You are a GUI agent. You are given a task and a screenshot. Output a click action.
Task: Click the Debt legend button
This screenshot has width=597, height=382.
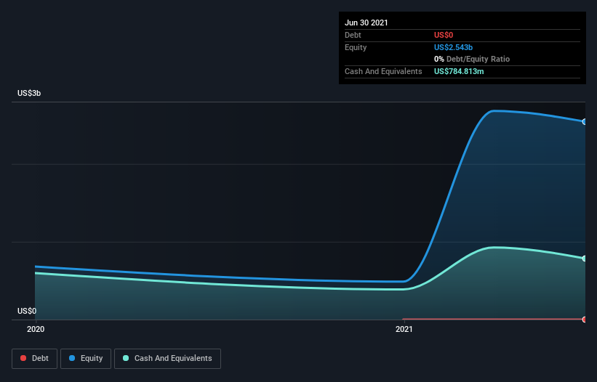pyautogui.click(x=35, y=359)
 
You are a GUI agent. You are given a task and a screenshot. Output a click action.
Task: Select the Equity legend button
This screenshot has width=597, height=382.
pyautogui.click(x=86, y=359)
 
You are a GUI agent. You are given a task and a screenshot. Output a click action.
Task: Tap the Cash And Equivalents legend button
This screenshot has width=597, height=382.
pyautogui.click(x=167, y=359)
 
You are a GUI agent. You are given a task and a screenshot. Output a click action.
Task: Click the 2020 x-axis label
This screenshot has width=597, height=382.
pyautogui.click(x=36, y=329)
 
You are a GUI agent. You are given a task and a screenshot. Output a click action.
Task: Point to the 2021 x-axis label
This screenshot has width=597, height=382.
pyautogui.click(x=404, y=329)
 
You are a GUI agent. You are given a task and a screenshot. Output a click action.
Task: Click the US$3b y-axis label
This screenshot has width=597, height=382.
pyautogui.click(x=29, y=93)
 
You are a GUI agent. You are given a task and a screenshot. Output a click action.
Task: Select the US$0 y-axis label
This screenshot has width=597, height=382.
pyautogui.click(x=27, y=311)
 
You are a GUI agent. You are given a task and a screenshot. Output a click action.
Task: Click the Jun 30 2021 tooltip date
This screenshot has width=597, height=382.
pyautogui.click(x=366, y=23)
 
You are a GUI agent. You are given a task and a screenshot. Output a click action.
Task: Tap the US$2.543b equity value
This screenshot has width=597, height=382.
pyautogui.click(x=454, y=47)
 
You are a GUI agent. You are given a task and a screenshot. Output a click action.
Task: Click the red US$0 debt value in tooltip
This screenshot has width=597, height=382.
pyautogui.click(x=444, y=35)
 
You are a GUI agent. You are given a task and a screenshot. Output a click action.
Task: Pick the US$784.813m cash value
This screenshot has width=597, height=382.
pyautogui.click(x=459, y=71)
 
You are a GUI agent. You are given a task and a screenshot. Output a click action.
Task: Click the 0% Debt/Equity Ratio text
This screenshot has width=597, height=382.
pyautogui.click(x=472, y=59)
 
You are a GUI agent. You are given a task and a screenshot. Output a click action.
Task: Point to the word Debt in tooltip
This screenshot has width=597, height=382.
pyautogui.click(x=353, y=35)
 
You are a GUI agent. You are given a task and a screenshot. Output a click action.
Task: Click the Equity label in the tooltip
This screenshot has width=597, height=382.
pyautogui.click(x=356, y=47)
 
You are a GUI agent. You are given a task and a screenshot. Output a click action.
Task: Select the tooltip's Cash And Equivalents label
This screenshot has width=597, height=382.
pyautogui.click(x=383, y=71)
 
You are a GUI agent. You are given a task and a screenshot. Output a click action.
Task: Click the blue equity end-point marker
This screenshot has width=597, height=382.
pyautogui.click(x=585, y=121)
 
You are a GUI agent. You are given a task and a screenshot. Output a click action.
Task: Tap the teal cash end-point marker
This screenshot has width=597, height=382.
pyautogui.click(x=585, y=259)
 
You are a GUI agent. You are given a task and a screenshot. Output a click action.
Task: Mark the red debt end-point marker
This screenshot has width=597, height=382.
pyautogui.click(x=585, y=320)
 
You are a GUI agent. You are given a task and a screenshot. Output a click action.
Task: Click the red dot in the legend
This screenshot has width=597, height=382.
pyautogui.click(x=23, y=358)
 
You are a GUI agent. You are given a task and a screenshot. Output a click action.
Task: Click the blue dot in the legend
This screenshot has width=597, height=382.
pyautogui.click(x=72, y=358)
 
